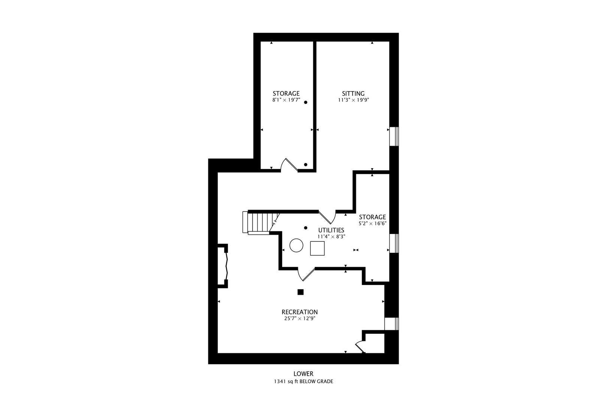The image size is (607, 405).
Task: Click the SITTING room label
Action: (353, 94)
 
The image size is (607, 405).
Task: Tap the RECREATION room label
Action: (299, 312)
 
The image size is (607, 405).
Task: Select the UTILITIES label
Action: (331, 230)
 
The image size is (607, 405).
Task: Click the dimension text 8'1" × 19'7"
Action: (286, 100)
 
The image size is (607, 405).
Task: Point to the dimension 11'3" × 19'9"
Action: (353, 100)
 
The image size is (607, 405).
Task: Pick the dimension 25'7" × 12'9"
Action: (299, 319)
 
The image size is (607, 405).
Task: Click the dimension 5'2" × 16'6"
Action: (372, 223)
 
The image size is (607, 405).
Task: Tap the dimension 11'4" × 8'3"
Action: (331, 237)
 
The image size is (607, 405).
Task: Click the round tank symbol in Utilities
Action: (296, 245)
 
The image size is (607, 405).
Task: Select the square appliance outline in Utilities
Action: (317, 248)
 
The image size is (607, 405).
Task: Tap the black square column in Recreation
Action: (300, 292)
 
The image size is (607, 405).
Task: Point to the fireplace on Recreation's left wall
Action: (224, 266)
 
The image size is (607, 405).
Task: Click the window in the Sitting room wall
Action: (394, 136)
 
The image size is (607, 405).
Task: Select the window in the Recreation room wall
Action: (391, 324)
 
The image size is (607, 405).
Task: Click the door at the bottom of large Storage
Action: (289, 165)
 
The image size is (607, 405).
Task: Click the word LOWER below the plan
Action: (303, 374)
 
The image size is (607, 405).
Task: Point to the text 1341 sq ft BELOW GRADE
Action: (303, 382)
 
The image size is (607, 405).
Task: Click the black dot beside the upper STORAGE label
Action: (306, 102)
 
